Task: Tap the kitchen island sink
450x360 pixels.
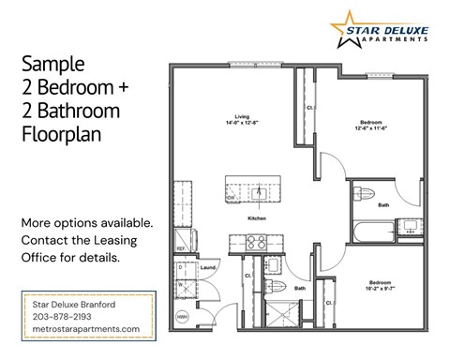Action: [260, 195]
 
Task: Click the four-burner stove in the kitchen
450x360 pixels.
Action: [257, 243]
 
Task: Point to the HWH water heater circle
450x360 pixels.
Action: [183, 318]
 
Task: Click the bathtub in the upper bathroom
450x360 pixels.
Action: [373, 232]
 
